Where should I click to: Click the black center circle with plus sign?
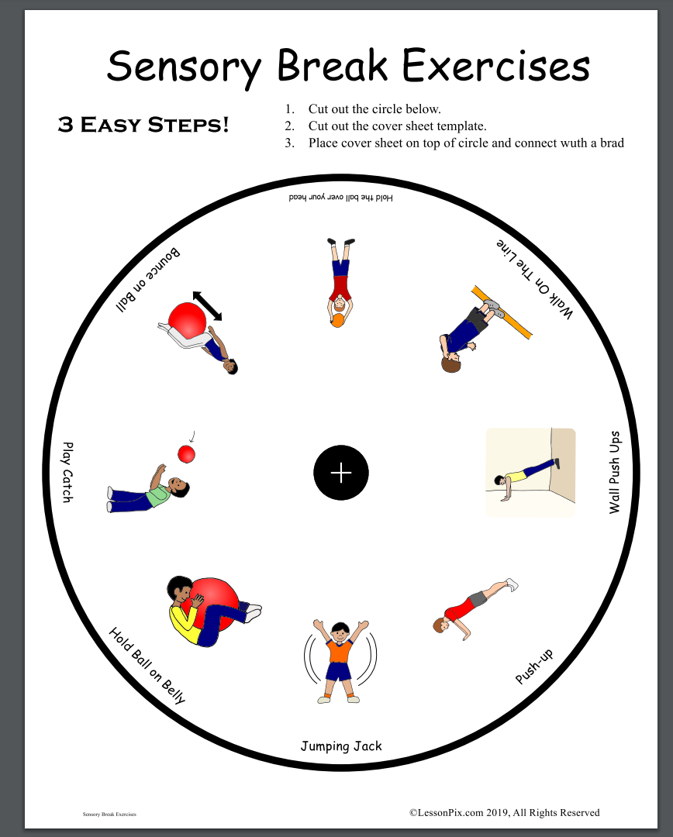click(341, 473)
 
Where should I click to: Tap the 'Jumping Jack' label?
click(341, 746)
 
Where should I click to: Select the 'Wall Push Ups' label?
click(615, 473)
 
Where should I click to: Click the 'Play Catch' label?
click(67, 472)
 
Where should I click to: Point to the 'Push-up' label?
click(533, 666)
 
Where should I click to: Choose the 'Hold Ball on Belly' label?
click(147, 665)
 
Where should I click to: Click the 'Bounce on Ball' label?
click(148, 279)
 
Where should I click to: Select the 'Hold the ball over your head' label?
click(341, 198)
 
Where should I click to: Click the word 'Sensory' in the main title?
click(185, 67)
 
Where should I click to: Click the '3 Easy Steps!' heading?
click(143, 124)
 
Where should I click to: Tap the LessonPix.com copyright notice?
click(504, 812)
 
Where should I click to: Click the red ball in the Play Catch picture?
click(186, 454)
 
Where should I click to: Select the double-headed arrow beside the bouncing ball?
click(207, 306)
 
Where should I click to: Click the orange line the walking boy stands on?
click(502, 312)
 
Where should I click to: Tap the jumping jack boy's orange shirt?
click(340, 651)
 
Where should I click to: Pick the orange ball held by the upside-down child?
click(337, 320)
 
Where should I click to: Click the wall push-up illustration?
click(530, 473)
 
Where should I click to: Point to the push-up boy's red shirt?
click(460, 609)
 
